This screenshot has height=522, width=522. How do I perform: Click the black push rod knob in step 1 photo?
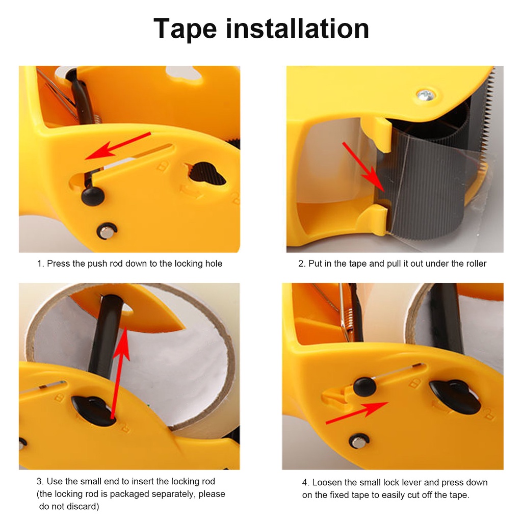click(93, 195)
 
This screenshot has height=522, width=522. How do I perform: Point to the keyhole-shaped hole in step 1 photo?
click(206, 174)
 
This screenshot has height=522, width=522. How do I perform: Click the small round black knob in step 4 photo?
click(364, 386)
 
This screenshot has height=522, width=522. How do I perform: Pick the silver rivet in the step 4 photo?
click(359, 441)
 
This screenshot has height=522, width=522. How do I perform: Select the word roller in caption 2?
click(474, 264)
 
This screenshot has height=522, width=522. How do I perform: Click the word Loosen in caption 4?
click(327, 482)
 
